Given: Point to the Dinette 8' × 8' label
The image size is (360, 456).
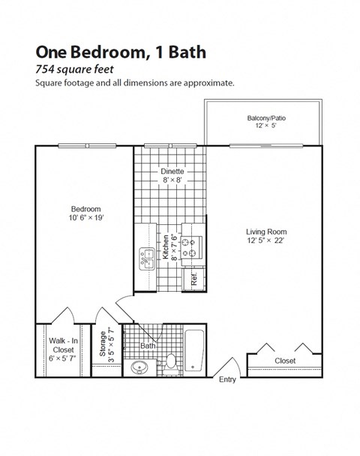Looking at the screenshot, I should (172, 175).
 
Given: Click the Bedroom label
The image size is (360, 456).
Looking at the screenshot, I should (85, 209).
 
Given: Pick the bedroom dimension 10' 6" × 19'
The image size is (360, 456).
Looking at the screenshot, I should (85, 218).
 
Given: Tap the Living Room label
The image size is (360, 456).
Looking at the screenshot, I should (266, 232).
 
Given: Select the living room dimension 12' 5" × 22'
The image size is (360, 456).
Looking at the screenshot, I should (266, 241).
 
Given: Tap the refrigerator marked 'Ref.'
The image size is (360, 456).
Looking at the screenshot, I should (193, 278).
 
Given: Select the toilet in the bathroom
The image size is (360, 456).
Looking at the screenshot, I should (171, 362).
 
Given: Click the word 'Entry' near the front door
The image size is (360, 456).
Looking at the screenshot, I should (227, 379).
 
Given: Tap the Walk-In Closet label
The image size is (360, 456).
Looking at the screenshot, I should (63, 345).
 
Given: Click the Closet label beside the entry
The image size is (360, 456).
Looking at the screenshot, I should (285, 361).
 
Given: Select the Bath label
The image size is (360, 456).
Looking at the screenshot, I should (148, 346).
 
